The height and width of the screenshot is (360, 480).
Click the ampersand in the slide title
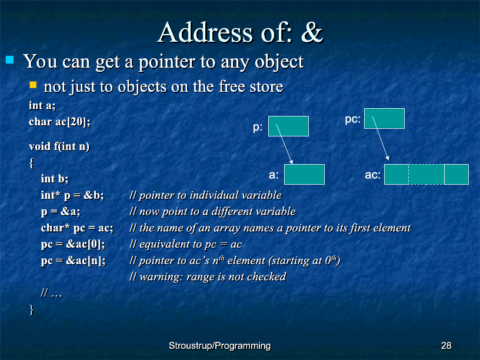[x=312, y=32]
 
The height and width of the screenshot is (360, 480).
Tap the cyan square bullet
[x=10, y=59]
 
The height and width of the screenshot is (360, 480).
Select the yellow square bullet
[x=33, y=85]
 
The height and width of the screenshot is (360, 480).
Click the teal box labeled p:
[x=288, y=126]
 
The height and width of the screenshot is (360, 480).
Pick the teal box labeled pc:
[x=384, y=118]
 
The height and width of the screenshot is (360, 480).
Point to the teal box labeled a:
[x=304, y=175]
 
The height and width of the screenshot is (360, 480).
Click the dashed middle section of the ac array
[x=426, y=175]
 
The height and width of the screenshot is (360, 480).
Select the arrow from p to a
[x=285, y=144]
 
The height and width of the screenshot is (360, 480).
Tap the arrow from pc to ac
[x=381, y=138]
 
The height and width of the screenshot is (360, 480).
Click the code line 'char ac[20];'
[x=59, y=122]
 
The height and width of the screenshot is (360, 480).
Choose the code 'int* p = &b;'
[x=72, y=195]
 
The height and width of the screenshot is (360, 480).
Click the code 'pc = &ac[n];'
[x=73, y=261]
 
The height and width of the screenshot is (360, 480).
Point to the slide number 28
[x=446, y=346]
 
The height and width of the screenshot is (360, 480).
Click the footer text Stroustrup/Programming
[x=220, y=346]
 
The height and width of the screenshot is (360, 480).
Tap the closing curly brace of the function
[x=31, y=309]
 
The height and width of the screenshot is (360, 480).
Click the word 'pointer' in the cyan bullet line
[x=166, y=62]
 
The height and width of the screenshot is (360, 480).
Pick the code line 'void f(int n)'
[x=59, y=146]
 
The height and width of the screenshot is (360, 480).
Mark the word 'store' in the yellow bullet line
[x=266, y=86]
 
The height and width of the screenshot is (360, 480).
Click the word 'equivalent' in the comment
[x=161, y=244]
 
